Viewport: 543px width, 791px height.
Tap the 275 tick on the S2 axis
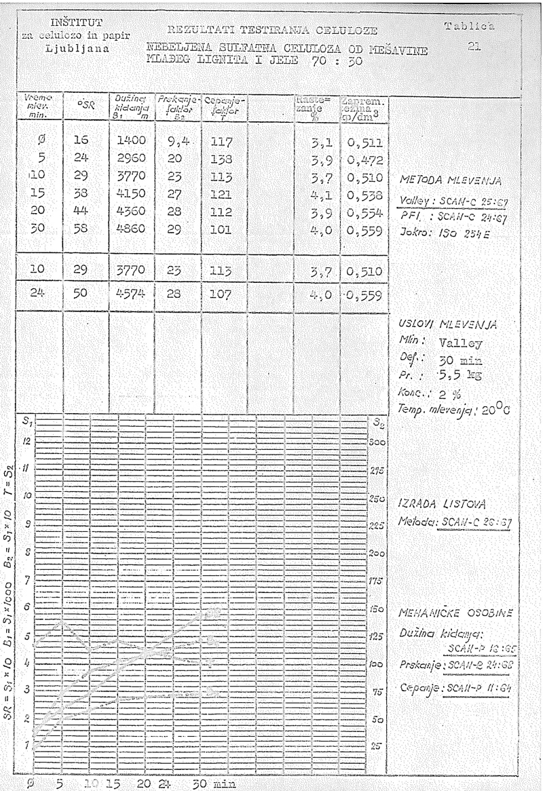click(x=373, y=469)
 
